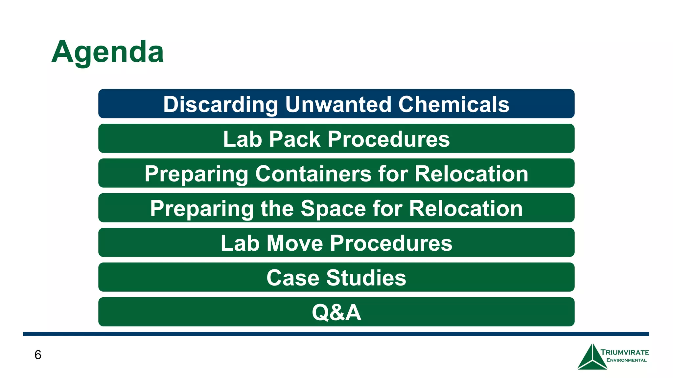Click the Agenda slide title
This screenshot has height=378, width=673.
[107, 52]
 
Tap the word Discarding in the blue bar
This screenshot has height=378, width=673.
[220, 104]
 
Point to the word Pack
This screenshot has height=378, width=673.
[294, 139]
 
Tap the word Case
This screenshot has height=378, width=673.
[292, 278]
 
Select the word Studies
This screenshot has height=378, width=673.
[366, 278]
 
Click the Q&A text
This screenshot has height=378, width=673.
[336, 312]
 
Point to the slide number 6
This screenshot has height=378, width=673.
[38, 355]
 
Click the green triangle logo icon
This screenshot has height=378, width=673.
[592, 358]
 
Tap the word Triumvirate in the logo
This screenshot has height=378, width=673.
[625, 352]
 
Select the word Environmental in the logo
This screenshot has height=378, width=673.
[626, 360]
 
